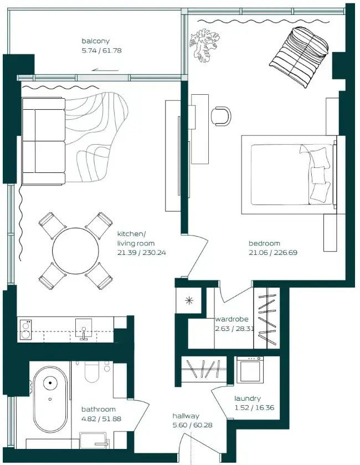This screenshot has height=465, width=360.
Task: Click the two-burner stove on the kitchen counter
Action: pos(25,330)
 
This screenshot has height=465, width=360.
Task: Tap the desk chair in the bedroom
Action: pos(222,115)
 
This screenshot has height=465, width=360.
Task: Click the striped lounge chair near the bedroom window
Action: pos(299,56)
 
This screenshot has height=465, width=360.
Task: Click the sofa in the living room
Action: pos(43,141)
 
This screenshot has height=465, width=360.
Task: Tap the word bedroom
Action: pos(264,243)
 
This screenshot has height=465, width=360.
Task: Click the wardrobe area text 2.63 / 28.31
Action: pos(234,328)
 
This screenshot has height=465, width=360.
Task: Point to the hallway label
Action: pos(186,416)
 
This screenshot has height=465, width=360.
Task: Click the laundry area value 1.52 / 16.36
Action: pos(254,407)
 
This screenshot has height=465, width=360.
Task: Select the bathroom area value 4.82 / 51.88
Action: pos(101,418)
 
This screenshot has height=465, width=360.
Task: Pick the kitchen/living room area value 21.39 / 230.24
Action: pos(141,252)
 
